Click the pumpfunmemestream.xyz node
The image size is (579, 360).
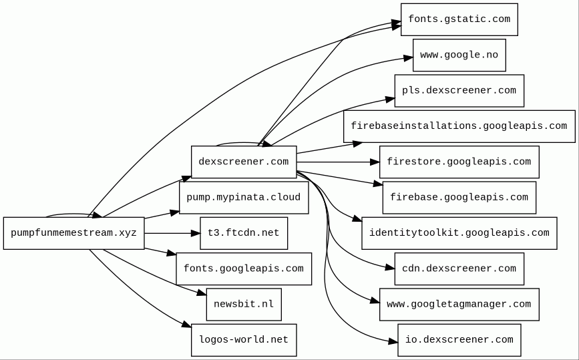click(74, 233)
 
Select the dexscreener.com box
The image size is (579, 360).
click(244, 162)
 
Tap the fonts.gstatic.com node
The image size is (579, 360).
click(459, 19)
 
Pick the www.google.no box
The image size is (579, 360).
click(459, 55)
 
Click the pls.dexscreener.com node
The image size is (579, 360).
click(459, 91)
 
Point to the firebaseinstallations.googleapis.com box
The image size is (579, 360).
click(459, 126)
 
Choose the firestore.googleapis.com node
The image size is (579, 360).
click(459, 162)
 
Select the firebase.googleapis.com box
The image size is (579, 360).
click(459, 198)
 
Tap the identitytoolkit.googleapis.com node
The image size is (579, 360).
click(459, 233)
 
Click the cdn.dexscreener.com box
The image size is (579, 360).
click(459, 268)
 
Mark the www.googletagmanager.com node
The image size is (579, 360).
click(459, 305)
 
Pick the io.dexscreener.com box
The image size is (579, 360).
click(459, 340)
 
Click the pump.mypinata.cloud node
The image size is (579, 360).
click(244, 198)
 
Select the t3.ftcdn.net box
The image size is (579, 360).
click(244, 233)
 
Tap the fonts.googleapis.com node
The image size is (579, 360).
click(244, 268)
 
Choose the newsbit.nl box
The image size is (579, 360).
click(244, 305)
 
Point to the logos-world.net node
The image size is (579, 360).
click(244, 340)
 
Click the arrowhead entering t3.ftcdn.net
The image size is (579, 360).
click(196, 233)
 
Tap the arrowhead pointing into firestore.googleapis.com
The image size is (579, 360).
click(375, 162)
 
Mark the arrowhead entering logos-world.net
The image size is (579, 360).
click(187, 325)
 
